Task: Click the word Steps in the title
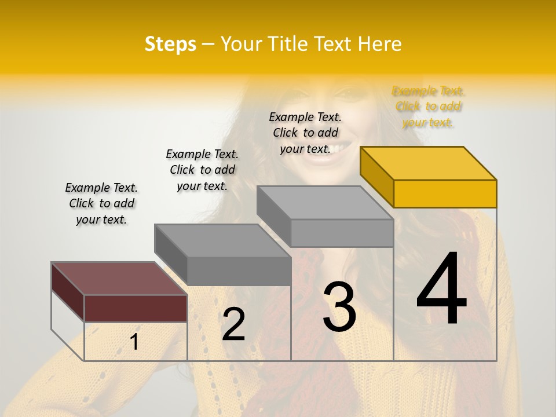170,44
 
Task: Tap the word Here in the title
379,44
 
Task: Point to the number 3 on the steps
339,306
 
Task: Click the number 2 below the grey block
233,324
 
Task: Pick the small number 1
134,342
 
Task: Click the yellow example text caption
428,107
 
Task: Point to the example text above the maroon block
101,203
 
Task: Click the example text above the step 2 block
202,170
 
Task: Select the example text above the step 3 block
305,133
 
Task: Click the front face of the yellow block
445,193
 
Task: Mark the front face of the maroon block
136,308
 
